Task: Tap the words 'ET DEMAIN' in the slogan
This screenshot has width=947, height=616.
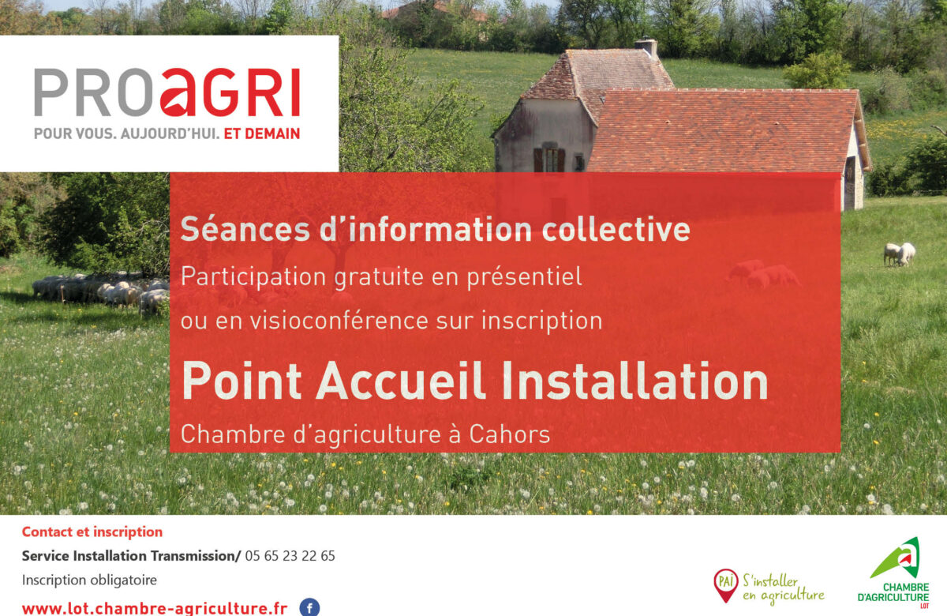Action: click(262, 133)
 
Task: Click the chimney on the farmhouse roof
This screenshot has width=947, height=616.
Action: click(646, 48)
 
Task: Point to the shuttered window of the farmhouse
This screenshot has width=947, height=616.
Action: click(549, 160)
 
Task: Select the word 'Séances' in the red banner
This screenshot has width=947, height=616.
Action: click(245, 229)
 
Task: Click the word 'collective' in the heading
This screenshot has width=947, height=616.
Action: click(616, 229)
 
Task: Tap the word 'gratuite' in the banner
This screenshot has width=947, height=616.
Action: click(379, 278)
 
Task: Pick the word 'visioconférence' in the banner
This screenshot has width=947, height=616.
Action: click(339, 321)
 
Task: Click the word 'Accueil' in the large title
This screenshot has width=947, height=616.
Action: click(401, 381)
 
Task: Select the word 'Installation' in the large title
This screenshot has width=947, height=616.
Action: click(635, 381)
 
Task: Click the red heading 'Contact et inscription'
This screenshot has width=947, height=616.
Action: click(92, 531)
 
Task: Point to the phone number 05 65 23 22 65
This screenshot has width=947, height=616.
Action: click(290, 555)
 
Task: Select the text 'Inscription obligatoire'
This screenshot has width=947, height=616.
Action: click(89, 580)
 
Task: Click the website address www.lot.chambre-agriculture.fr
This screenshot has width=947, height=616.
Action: click(155, 609)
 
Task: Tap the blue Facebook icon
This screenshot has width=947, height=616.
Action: click(310, 608)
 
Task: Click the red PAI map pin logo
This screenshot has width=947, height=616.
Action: click(726, 585)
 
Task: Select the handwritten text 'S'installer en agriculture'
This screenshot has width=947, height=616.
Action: click(784, 588)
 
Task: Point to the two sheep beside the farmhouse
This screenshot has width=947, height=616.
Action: click(900, 254)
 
